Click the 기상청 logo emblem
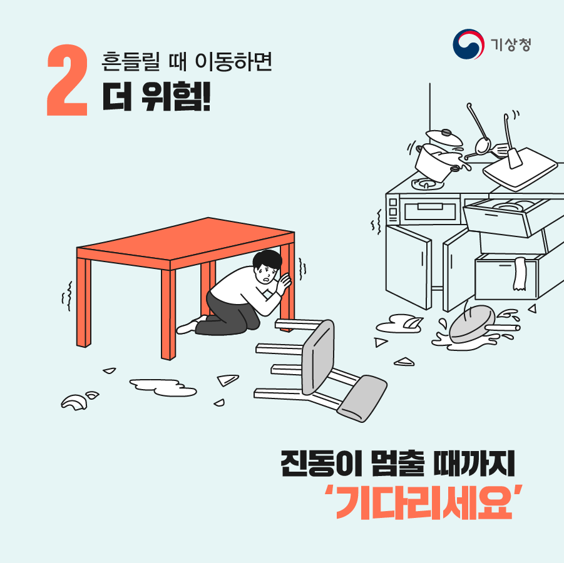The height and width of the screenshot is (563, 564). pos(469,43)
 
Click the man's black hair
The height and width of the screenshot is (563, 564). pos(265,258)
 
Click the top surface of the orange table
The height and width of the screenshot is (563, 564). pos(188,241)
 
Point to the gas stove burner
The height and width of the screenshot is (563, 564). pos(425,183)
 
